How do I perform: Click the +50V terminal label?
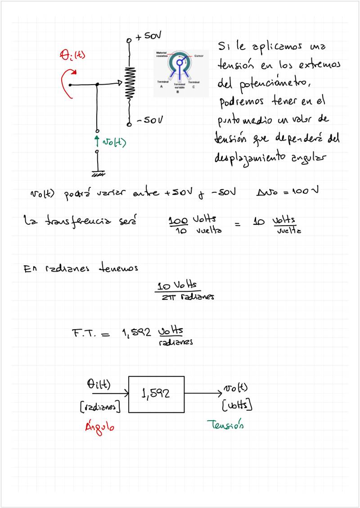click(x=149, y=36)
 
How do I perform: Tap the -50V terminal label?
click(x=149, y=121)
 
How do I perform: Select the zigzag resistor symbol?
click(x=130, y=83)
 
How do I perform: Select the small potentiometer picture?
click(x=180, y=72)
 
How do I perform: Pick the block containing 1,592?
click(x=157, y=394)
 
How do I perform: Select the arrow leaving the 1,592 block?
click(x=202, y=393)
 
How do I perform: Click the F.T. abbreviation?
click(x=85, y=334)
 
